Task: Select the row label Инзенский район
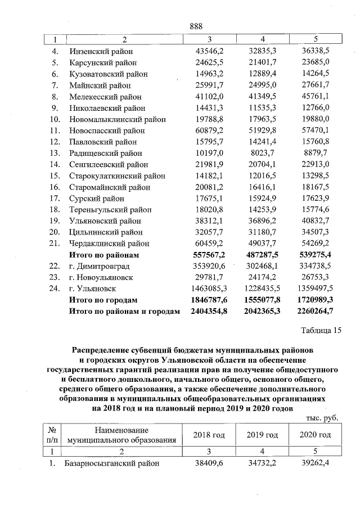(101, 51)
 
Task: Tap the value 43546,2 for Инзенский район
(209, 51)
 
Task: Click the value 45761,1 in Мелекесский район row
(315, 96)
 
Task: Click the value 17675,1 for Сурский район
(209, 199)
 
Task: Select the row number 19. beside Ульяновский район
(55, 221)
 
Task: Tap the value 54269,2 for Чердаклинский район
(315, 244)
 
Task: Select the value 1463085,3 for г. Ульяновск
(206, 289)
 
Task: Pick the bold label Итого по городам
(102, 300)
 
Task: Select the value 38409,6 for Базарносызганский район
(209, 463)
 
